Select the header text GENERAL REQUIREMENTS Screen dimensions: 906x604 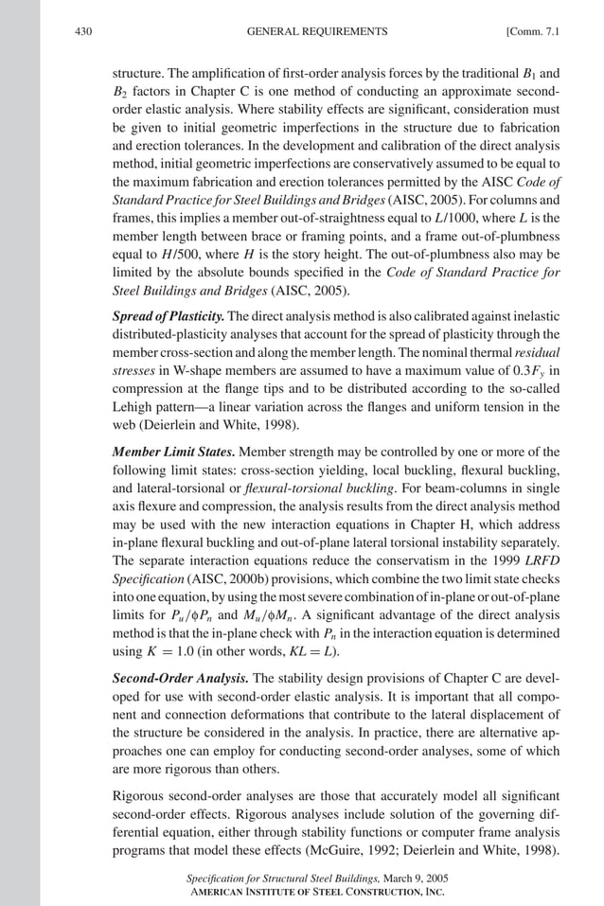pyautogui.click(x=316, y=31)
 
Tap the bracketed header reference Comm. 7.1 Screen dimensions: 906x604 pyautogui.click(x=534, y=31)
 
